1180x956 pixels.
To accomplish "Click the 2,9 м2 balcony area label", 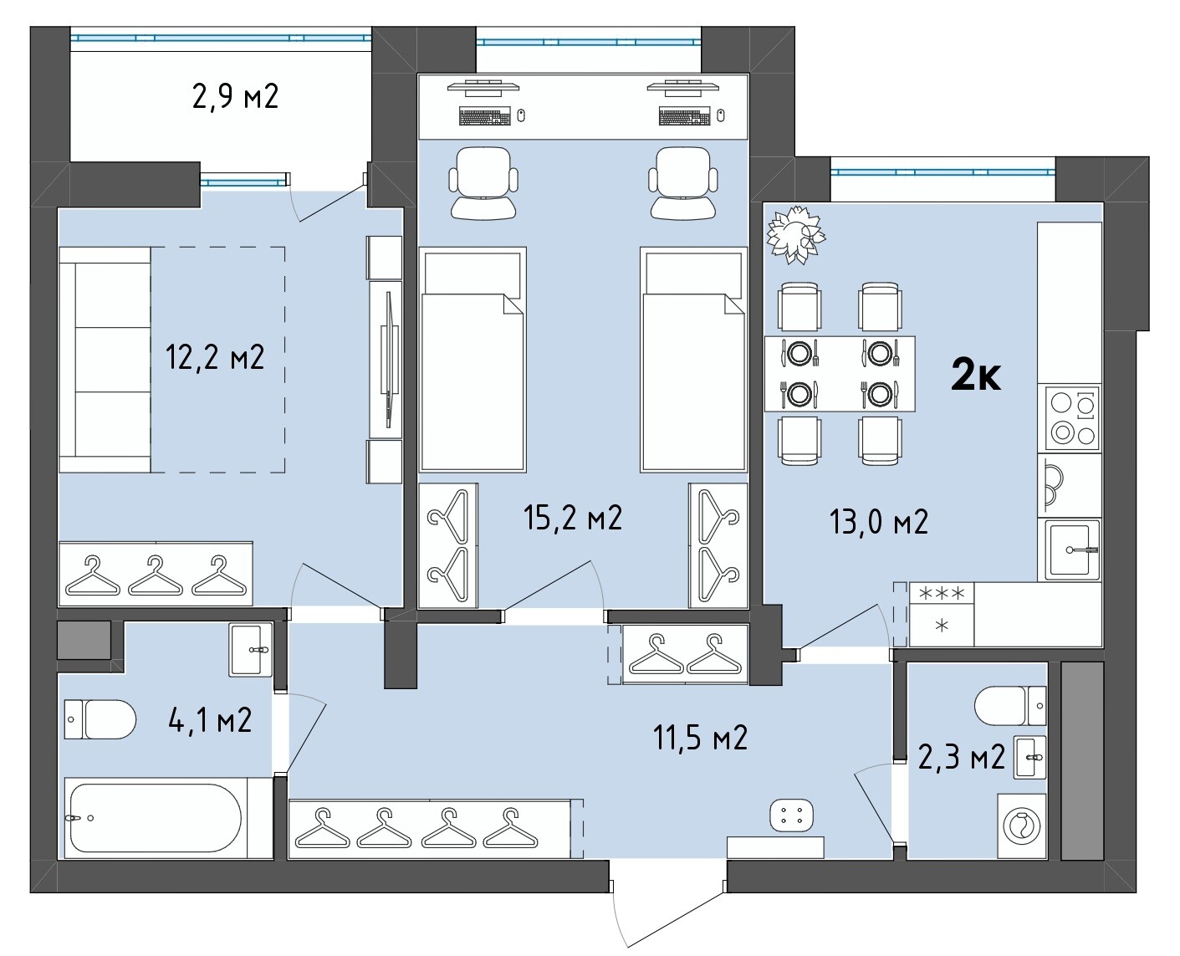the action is click(x=235, y=97).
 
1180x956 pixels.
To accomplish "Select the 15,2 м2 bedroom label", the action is click(x=573, y=518).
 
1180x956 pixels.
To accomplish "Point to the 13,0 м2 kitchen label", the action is click(x=879, y=522).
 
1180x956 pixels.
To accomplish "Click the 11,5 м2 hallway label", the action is click(x=700, y=737).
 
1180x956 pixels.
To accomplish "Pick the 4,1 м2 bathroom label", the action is click(x=210, y=720).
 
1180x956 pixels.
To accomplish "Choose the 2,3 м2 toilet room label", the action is click(x=961, y=757).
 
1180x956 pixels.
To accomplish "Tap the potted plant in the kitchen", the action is click(x=795, y=234).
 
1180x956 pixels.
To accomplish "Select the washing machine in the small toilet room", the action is click(x=1022, y=826).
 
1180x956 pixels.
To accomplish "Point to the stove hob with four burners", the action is click(x=1072, y=418).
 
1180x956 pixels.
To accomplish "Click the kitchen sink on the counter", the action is click(x=1072, y=550).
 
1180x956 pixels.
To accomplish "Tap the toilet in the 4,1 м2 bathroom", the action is click(x=100, y=719).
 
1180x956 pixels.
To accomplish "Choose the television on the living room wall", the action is click(x=389, y=360).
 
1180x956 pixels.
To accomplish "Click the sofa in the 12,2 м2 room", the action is click(x=105, y=360).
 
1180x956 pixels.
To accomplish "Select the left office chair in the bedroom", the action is click(x=483, y=183).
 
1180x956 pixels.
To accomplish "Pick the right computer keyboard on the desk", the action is click(x=683, y=116).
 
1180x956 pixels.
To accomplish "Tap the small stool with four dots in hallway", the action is click(x=791, y=815).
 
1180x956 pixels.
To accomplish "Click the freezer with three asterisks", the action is click(x=941, y=594).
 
